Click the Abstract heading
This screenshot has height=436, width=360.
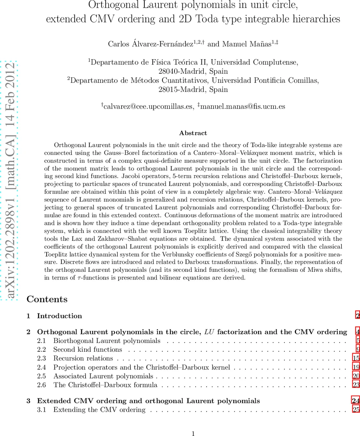(x=193, y=133)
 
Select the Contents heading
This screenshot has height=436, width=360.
(x=47, y=299)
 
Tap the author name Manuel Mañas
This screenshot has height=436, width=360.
(x=247, y=44)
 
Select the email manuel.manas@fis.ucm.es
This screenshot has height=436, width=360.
(x=243, y=106)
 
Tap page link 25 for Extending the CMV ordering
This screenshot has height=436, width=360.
(x=356, y=410)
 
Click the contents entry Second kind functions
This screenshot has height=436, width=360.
(x=88, y=350)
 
